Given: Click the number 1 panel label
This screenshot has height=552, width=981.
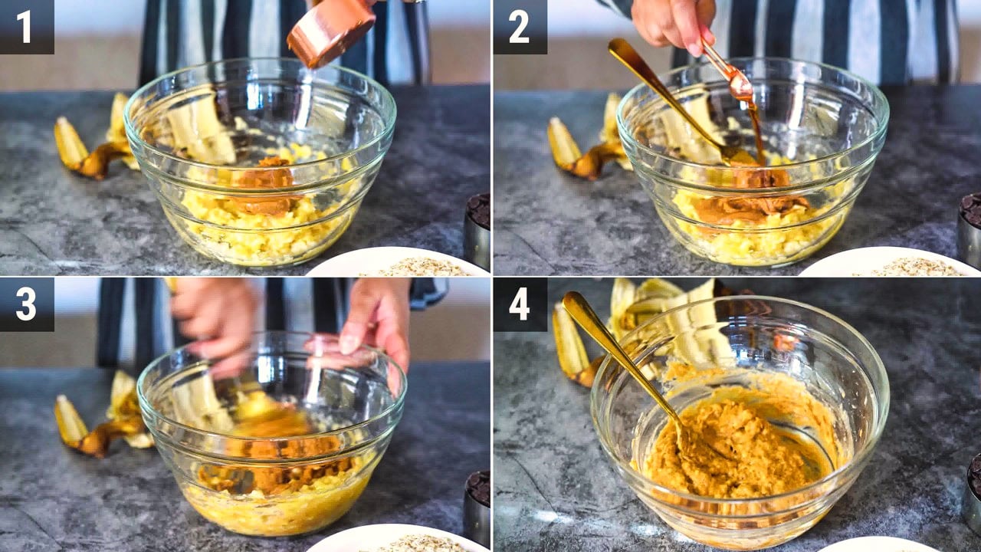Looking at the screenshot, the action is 24,27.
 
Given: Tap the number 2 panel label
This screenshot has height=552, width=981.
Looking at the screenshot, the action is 519,27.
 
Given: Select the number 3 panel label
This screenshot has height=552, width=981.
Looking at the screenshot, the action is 25,304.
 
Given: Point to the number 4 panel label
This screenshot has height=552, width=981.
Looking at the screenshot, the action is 520,304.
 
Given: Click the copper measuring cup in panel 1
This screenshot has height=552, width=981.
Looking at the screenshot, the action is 330,31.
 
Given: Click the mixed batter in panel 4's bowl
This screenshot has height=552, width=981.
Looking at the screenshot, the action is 736,447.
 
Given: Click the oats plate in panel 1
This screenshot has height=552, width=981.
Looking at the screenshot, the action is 399,262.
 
